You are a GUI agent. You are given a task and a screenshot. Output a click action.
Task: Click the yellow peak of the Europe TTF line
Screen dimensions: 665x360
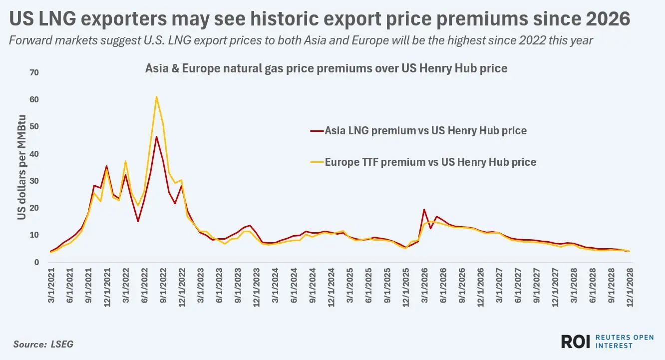tap(156, 96)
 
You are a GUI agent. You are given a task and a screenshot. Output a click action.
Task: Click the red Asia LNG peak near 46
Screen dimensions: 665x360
tap(156, 137)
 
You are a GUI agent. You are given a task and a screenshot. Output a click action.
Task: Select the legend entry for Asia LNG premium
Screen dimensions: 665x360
tap(418, 131)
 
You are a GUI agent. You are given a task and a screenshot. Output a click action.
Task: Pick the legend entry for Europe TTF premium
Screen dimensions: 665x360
tap(423, 162)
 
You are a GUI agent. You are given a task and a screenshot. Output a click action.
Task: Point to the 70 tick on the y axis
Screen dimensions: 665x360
tap(34, 72)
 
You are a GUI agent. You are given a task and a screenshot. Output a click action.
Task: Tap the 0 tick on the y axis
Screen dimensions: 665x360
tap(36, 262)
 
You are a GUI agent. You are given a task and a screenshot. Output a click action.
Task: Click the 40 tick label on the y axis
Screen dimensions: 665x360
tap(34, 154)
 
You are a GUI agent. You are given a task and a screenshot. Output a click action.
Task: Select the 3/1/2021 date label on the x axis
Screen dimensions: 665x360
tap(51, 285)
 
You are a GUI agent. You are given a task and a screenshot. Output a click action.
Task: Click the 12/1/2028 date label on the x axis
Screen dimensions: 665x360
tap(630, 287)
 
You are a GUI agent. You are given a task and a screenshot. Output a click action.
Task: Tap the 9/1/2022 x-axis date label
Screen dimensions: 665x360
tap(163, 285)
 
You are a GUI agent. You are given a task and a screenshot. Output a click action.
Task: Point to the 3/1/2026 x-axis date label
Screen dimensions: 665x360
tap(424, 285)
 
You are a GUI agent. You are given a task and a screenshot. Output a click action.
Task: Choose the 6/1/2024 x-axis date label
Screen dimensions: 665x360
tap(294, 285)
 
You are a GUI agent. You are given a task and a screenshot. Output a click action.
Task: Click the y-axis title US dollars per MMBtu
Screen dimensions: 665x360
tap(21, 167)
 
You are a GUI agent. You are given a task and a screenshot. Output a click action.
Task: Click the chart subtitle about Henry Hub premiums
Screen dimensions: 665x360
tap(327, 68)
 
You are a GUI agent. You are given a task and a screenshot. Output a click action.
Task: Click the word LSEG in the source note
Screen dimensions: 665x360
tap(62, 344)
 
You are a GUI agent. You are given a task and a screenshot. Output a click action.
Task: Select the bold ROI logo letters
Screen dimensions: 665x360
tap(575, 342)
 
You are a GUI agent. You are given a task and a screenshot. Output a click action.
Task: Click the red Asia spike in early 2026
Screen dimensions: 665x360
tap(424, 209)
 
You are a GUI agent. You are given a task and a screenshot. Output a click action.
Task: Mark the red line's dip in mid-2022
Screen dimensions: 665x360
tap(138, 221)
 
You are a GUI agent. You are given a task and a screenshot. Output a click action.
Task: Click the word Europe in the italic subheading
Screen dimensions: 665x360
tap(370, 40)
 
